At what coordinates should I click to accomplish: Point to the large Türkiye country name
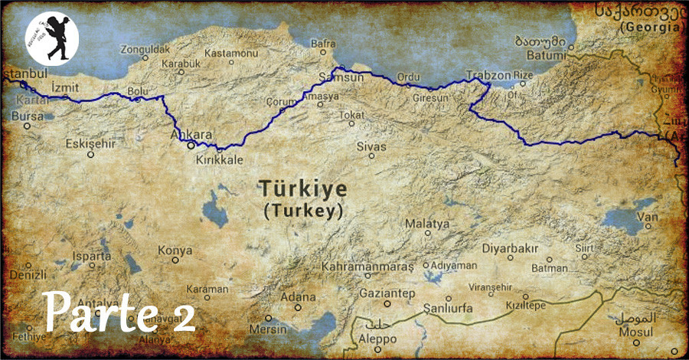[x=302, y=188]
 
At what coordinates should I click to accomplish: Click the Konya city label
[x=175, y=250]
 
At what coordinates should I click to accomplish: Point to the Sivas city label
[x=372, y=146]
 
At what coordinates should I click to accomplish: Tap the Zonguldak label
[x=145, y=48]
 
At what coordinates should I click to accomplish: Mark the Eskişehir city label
[x=90, y=143]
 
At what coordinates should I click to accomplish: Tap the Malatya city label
[x=427, y=224]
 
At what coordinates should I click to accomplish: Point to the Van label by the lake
[x=651, y=218]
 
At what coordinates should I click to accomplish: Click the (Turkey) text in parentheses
[x=302, y=211]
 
